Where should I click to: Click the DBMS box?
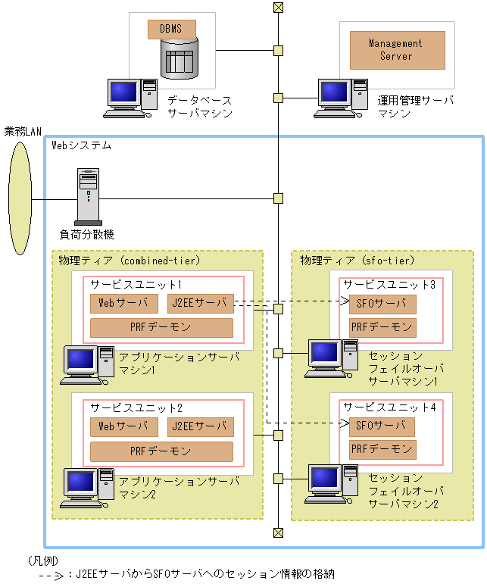pos(172,30)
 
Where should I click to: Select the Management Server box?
pos(398,50)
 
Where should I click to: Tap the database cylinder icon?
pos(180,58)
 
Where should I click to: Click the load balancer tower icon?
pos(89,196)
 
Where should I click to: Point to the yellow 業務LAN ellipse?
pos(20,198)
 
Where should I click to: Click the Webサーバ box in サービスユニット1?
pos(124,303)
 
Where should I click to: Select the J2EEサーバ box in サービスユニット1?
pos(201,303)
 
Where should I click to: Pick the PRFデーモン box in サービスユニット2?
pos(161,451)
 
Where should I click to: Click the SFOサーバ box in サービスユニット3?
pos(382,304)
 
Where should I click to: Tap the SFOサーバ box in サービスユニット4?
pos(382,426)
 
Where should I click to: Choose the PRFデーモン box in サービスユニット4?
pos(382,450)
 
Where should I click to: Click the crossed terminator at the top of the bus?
pos(278,8)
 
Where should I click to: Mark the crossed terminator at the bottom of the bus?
pos(278,532)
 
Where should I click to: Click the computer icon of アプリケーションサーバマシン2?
pos(87,488)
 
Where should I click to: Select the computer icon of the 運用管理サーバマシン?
pos(341,98)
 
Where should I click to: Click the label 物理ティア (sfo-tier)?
pos(357,261)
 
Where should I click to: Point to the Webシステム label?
pos(81,145)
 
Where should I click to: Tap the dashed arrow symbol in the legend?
pos(52,576)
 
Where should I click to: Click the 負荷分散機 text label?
pos(87,235)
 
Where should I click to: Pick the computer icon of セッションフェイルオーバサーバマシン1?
pos(331,359)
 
